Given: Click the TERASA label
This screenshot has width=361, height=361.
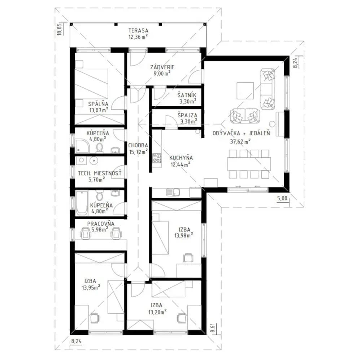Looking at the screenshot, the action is [x=138, y=30].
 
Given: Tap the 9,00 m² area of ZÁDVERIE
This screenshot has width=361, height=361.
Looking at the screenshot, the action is [x=162, y=73].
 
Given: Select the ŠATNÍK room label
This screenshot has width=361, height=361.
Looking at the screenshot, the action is [x=187, y=95].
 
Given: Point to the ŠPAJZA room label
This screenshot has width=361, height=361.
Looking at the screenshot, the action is [x=187, y=115].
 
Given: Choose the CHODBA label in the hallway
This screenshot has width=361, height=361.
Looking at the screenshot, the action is [x=138, y=145].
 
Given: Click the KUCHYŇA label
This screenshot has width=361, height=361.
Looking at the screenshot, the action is [x=181, y=158].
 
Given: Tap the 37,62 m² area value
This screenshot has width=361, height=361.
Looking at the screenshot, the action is [x=240, y=142].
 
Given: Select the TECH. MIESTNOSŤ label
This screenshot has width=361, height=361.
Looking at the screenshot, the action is [x=100, y=173].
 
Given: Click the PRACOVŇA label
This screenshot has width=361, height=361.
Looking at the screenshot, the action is [x=101, y=223].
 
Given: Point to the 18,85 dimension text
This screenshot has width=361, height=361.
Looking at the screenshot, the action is [x=60, y=29].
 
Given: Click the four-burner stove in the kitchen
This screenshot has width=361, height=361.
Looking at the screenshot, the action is [x=157, y=158].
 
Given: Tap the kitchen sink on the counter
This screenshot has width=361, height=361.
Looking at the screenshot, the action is [x=173, y=192].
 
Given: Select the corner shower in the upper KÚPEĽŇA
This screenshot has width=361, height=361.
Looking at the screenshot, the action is [x=82, y=146].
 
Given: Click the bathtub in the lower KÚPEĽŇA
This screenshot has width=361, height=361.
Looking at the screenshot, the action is [x=82, y=203].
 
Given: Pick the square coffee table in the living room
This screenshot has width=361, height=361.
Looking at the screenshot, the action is [x=245, y=91].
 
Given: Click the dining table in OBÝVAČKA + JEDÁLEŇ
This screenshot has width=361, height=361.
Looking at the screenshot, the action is [x=249, y=164].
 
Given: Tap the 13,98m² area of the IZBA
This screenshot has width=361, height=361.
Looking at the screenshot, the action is [x=183, y=235].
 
